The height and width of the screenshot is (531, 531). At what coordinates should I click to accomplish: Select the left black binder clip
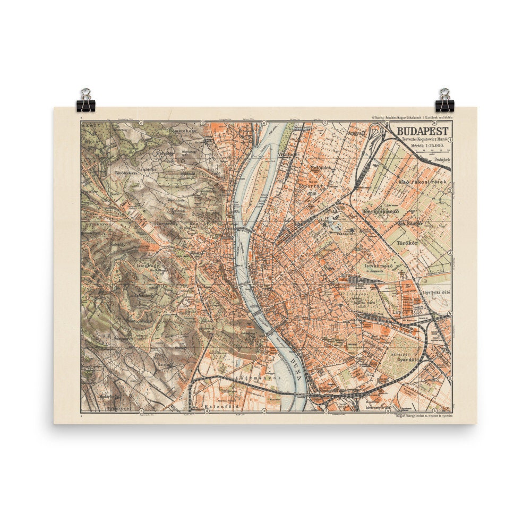(x=85, y=100)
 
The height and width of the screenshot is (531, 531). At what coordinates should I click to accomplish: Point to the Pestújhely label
(x=439, y=158)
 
